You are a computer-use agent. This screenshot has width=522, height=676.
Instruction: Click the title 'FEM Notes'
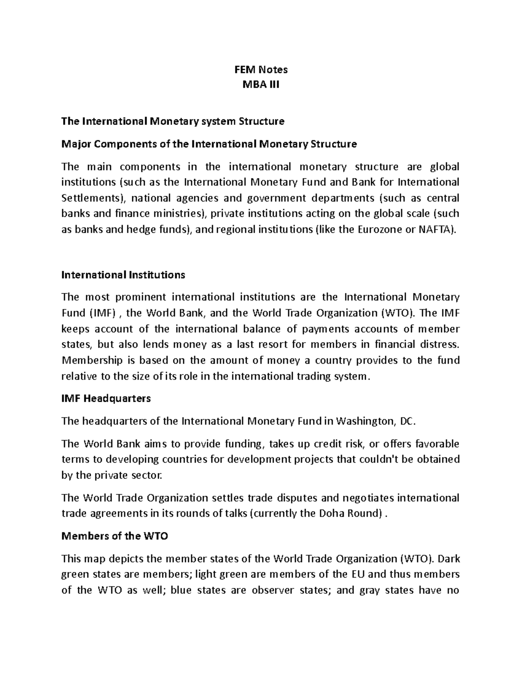261,70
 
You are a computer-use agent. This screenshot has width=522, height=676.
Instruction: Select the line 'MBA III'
261,84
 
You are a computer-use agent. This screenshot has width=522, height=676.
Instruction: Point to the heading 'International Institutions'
124,275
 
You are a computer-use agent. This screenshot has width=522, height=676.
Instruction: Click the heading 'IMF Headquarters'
106,398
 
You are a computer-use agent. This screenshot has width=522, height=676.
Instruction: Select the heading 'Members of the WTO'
115,536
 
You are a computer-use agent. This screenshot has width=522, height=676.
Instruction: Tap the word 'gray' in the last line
375,590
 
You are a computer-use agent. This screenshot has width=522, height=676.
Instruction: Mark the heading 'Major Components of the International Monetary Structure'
209,144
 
